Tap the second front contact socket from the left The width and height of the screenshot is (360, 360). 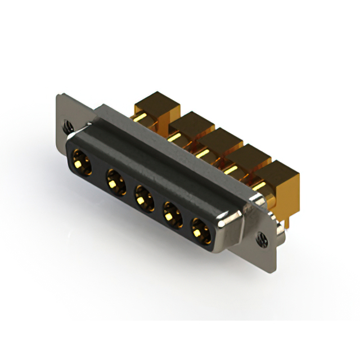(x=115, y=182)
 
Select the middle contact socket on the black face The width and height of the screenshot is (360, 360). (x=143, y=199)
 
